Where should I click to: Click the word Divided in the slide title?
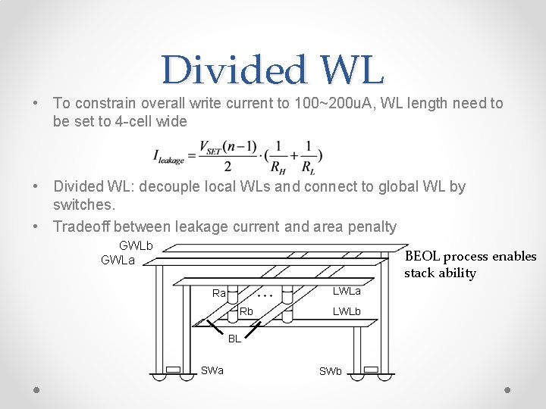227,70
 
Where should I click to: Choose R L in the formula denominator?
308,167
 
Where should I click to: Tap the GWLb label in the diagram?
136,246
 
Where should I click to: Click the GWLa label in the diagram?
118,261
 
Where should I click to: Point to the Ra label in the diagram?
219,293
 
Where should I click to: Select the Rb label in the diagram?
246,311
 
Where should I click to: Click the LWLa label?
347,292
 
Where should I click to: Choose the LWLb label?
347,311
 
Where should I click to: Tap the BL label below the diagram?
235,339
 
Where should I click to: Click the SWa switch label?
212,370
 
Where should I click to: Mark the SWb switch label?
331,371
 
